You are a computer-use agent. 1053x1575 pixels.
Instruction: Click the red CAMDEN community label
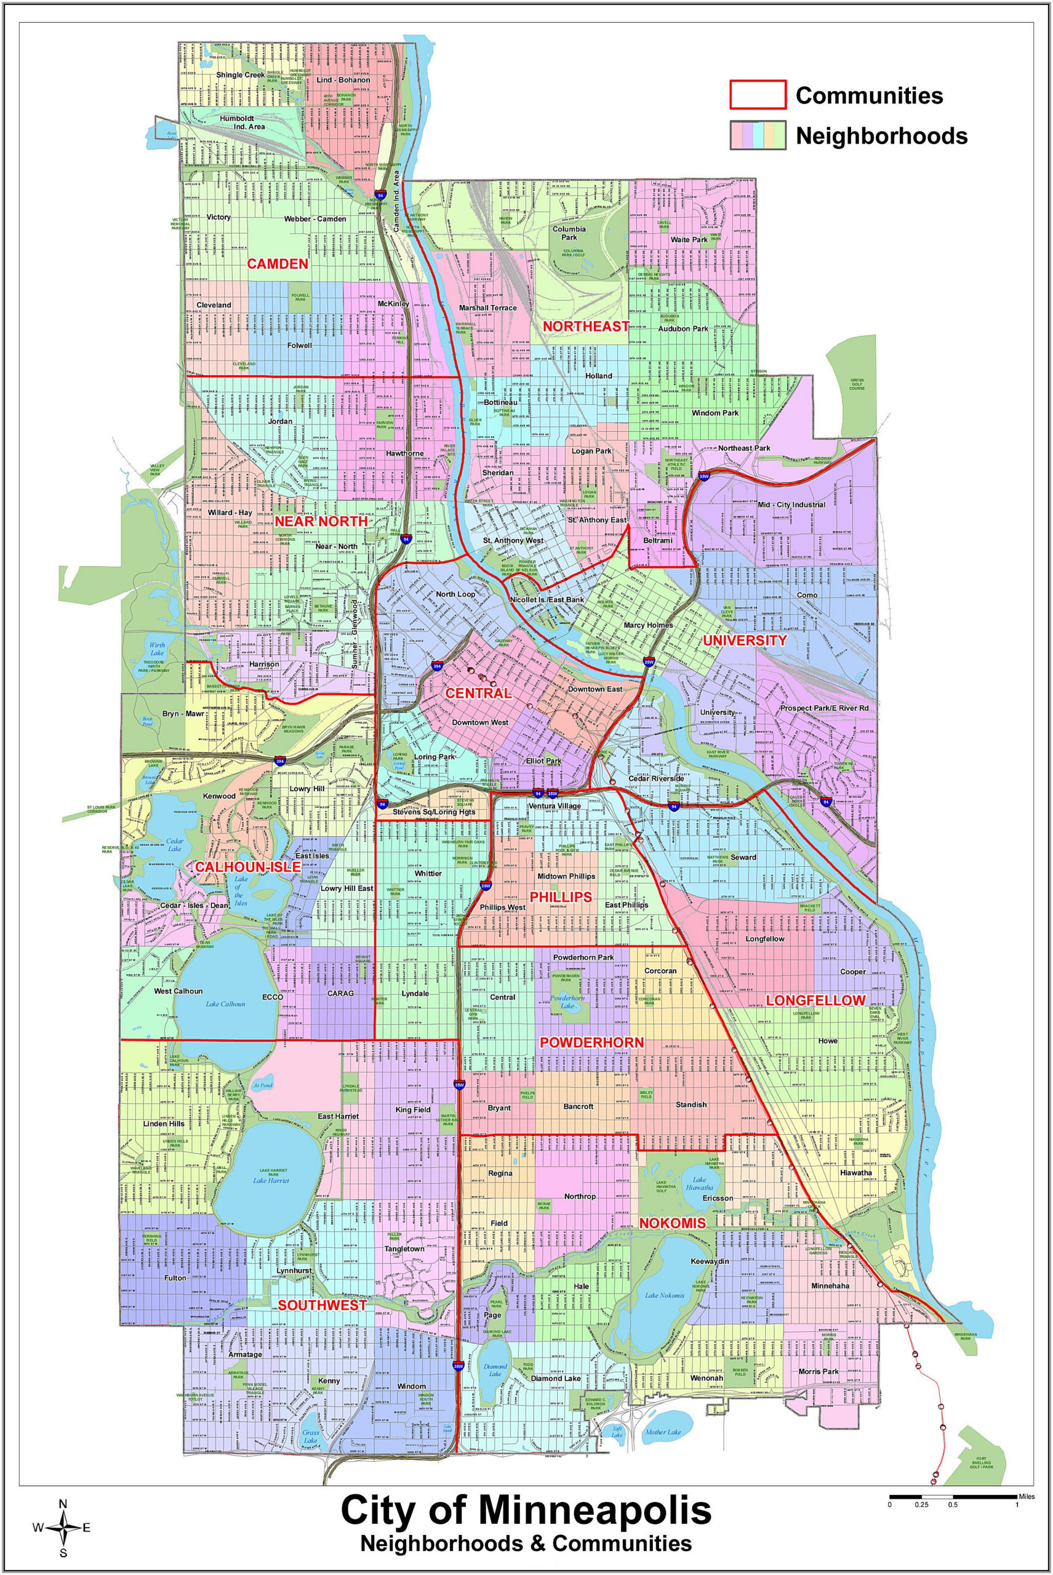click(278, 264)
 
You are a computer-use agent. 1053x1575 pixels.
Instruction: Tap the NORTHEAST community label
click(586, 326)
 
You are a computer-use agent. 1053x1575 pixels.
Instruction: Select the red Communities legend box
click(758, 94)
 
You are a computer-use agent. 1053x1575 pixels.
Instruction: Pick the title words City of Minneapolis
click(526, 1509)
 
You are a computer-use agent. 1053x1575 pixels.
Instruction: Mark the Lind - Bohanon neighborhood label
click(343, 80)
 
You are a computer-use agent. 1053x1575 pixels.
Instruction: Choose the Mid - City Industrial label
click(790, 504)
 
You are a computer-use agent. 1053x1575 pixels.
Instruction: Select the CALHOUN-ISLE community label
click(238, 867)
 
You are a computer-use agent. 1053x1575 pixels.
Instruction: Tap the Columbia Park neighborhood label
click(569, 233)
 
